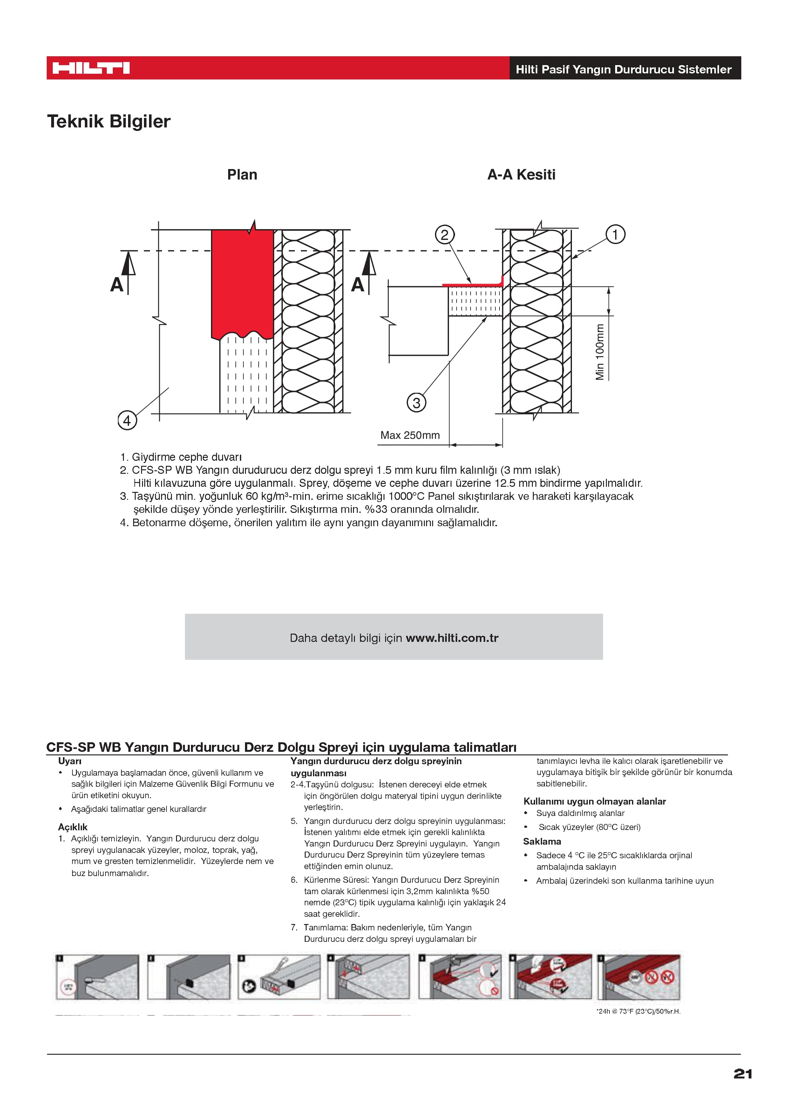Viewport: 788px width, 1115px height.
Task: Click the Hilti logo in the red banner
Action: [91, 68]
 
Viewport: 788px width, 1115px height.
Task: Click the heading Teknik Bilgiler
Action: [109, 121]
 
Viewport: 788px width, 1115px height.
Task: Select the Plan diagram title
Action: [242, 175]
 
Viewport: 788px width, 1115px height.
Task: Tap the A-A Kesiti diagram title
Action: [521, 175]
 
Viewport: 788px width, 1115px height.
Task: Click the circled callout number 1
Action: [615, 235]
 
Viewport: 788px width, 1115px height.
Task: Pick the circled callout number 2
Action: [444, 235]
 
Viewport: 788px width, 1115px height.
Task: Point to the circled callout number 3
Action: [416, 403]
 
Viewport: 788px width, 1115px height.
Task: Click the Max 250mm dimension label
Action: [410, 435]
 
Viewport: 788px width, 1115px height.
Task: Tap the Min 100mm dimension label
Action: [600, 352]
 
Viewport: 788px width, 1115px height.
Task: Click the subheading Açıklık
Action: [73, 827]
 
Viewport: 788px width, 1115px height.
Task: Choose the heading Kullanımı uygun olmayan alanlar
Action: [594, 801]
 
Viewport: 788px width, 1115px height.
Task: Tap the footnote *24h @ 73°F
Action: [638, 1011]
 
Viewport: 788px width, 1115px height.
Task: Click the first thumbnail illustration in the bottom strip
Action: [97, 977]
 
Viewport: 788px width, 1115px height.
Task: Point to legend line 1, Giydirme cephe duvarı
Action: [181, 457]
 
